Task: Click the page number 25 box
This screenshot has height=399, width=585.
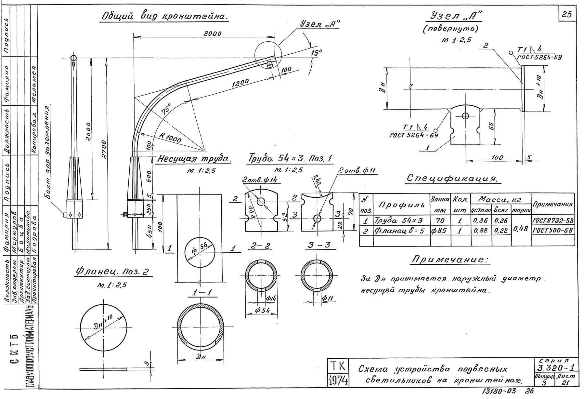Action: (x=567, y=15)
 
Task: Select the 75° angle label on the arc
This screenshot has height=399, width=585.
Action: (x=166, y=108)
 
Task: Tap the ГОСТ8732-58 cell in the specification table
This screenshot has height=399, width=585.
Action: (x=552, y=221)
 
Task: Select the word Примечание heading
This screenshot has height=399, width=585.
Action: (x=450, y=259)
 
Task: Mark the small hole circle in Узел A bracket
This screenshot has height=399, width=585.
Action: (x=465, y=115)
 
